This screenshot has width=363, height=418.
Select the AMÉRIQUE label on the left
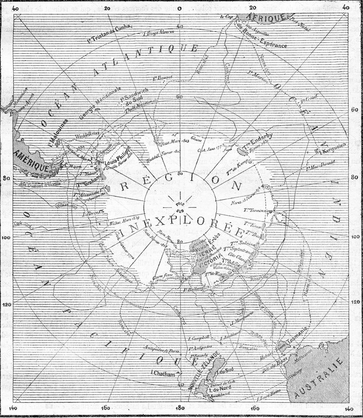pyautogui.click(x=31, y=160)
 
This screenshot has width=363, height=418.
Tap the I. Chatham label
pyautogui.click(x=163, y=373)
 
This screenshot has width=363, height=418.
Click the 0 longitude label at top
pyautogui.click(x=180, y=8)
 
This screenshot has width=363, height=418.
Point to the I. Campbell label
pyautogui.click(x=199, y=337)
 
